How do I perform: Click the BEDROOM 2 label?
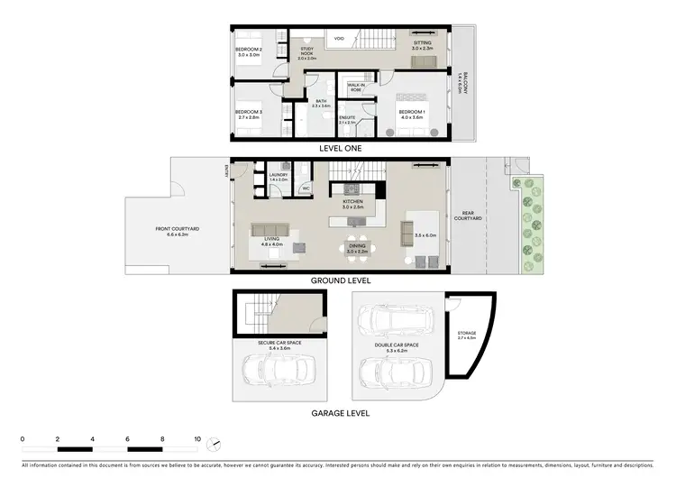pyautogui.click(x=249, y=50)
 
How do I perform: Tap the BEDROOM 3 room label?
pyautogui.click(x=248, y=114)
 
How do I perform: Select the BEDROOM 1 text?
pyautogui.click(x=412, y=114)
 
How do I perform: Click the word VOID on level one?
pyautogui.click(x=339, y=39)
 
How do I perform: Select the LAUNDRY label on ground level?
pyautogui.click(x=278, y=177)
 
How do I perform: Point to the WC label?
pyautogui.click(x=306, y=188)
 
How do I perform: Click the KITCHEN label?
pyautogui.click(x=352, y=204)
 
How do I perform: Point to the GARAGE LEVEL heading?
pyautogui.click(x=341, y=413)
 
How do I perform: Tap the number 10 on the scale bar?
pyautogui.click(x=197, y=439)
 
